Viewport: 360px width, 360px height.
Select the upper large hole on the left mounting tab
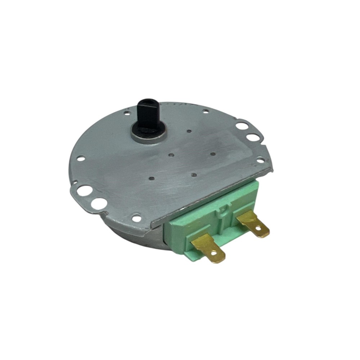point(84,190)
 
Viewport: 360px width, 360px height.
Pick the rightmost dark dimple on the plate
point(213,154)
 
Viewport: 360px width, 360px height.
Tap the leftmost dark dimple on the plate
point(152,177)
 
